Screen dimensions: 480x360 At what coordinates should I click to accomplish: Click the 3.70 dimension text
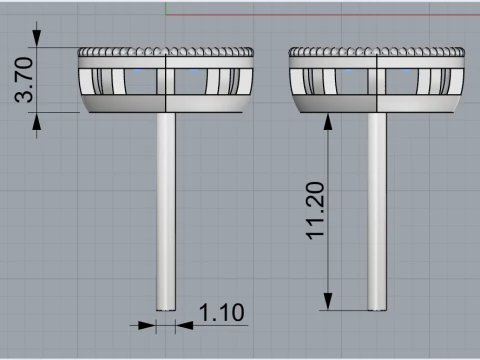click(x=24, y=80)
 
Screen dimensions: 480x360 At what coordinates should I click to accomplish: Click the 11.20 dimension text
click(x=315, y=211)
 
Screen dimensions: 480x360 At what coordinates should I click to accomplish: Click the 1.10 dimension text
click(x=221, y=313)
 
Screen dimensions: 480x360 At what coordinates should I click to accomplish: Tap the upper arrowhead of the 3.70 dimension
click(x=37, y=38)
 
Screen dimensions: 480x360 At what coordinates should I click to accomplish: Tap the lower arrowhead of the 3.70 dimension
click(x=37, y=121)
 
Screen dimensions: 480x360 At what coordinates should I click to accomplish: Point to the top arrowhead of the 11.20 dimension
click(x=328, y=122)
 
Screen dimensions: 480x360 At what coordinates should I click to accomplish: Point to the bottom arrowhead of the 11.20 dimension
click(x=328, y=301)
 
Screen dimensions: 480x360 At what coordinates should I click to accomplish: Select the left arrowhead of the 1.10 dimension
click(x=147, y=325)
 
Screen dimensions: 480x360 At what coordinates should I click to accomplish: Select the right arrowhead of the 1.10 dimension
click(x=184, y=325)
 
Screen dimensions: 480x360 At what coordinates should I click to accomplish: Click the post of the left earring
click(x=166, y=211)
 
